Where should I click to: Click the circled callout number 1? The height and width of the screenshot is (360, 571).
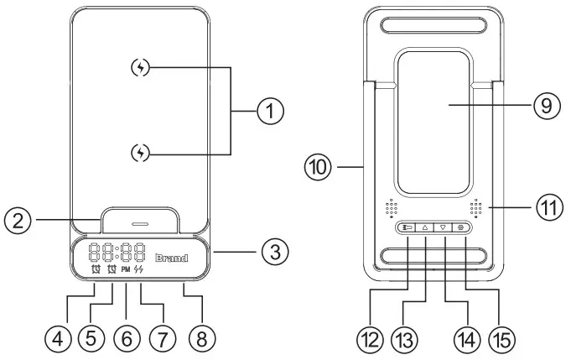coord(270,111)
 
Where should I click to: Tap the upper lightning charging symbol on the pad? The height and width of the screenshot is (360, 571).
coord(143,68)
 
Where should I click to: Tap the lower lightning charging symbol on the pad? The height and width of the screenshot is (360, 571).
coord(143,152)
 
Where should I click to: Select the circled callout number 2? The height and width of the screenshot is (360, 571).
coord(18,222)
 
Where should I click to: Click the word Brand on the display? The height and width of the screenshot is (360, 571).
coord(172,258)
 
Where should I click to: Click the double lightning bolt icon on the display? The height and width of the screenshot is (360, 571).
coord(139,270)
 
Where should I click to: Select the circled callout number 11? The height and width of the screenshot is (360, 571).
coord(549,206)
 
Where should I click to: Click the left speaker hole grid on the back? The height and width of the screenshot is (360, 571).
coord(391,206)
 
